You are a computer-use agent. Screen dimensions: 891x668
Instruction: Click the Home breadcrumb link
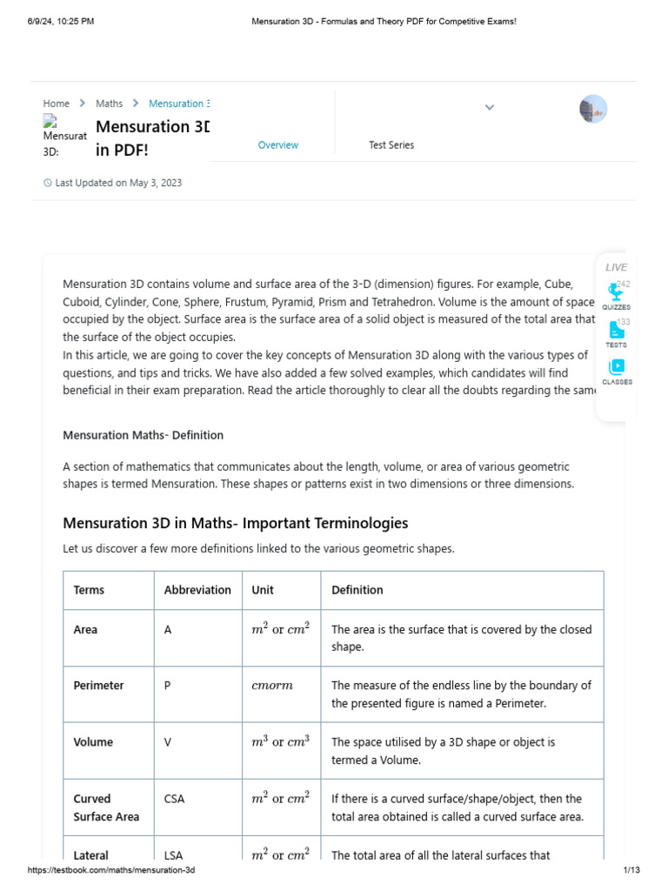click(56, 104)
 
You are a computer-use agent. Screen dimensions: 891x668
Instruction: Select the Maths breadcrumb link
click(109, 104)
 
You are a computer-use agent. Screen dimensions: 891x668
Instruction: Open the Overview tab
click(277, 145)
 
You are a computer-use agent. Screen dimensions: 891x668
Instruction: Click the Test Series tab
click(391, 145)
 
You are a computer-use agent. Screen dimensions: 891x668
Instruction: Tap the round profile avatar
click(592, 109)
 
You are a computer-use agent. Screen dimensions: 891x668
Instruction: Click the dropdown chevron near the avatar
click(489, 108)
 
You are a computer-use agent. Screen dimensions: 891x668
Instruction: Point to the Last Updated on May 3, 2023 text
click(118, 183)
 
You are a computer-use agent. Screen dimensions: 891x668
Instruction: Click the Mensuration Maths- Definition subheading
click(143, 435)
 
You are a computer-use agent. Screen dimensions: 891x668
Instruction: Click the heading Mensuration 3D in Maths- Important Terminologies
click(235, 523)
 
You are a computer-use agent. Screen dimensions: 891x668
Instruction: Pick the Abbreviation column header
click(197, 590)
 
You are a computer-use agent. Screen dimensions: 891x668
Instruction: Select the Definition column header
click(357, 590)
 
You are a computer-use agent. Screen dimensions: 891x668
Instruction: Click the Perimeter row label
click(98, 686)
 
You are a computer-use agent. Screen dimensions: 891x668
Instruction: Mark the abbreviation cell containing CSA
click(174, 799)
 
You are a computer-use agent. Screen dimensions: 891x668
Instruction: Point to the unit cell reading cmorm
click(272, 686)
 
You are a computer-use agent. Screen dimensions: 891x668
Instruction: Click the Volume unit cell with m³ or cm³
click(280, 742)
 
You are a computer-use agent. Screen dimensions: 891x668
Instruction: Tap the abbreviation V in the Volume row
click(168, 742)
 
